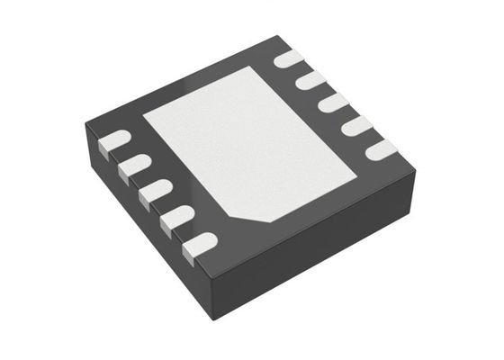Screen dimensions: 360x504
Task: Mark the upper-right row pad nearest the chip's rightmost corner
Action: [379, 149]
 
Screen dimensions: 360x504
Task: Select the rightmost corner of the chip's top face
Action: [416, 166]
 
